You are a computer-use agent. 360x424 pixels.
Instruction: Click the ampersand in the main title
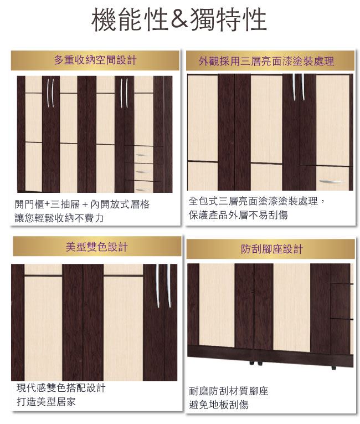tap(179, 19)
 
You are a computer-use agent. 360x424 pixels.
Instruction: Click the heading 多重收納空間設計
tap(95, 60)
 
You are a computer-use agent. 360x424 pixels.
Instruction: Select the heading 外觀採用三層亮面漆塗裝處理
tap(266, 61)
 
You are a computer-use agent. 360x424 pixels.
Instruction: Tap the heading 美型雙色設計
tap(96, 247)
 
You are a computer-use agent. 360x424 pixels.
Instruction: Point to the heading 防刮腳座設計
tap(271, 249)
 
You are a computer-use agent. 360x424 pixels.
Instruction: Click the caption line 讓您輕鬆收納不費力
tap(59, 218)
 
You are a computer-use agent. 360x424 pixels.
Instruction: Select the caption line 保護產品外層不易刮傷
tap(238, 215)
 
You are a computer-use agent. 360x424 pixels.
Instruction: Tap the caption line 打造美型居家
tap(46, 402)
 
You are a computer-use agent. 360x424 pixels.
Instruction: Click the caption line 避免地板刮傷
tap(219, 405)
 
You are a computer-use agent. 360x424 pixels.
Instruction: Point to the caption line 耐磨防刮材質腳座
tap(229, 391)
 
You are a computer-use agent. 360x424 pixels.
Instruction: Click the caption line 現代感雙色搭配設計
tap(61, 388)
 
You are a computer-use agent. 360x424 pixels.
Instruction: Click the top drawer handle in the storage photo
tap(142, 155)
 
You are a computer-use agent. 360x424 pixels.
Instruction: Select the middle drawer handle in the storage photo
tap(143, 172)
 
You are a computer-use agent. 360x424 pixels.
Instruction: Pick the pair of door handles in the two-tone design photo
tap(163, 286)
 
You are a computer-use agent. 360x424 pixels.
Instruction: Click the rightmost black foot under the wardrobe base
tap(334, 368)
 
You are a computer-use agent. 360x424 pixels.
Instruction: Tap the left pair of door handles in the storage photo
tap(50, 93)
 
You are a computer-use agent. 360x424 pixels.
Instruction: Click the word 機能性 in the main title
tap(130, 19)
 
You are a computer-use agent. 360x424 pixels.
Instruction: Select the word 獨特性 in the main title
tap(229, 19)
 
